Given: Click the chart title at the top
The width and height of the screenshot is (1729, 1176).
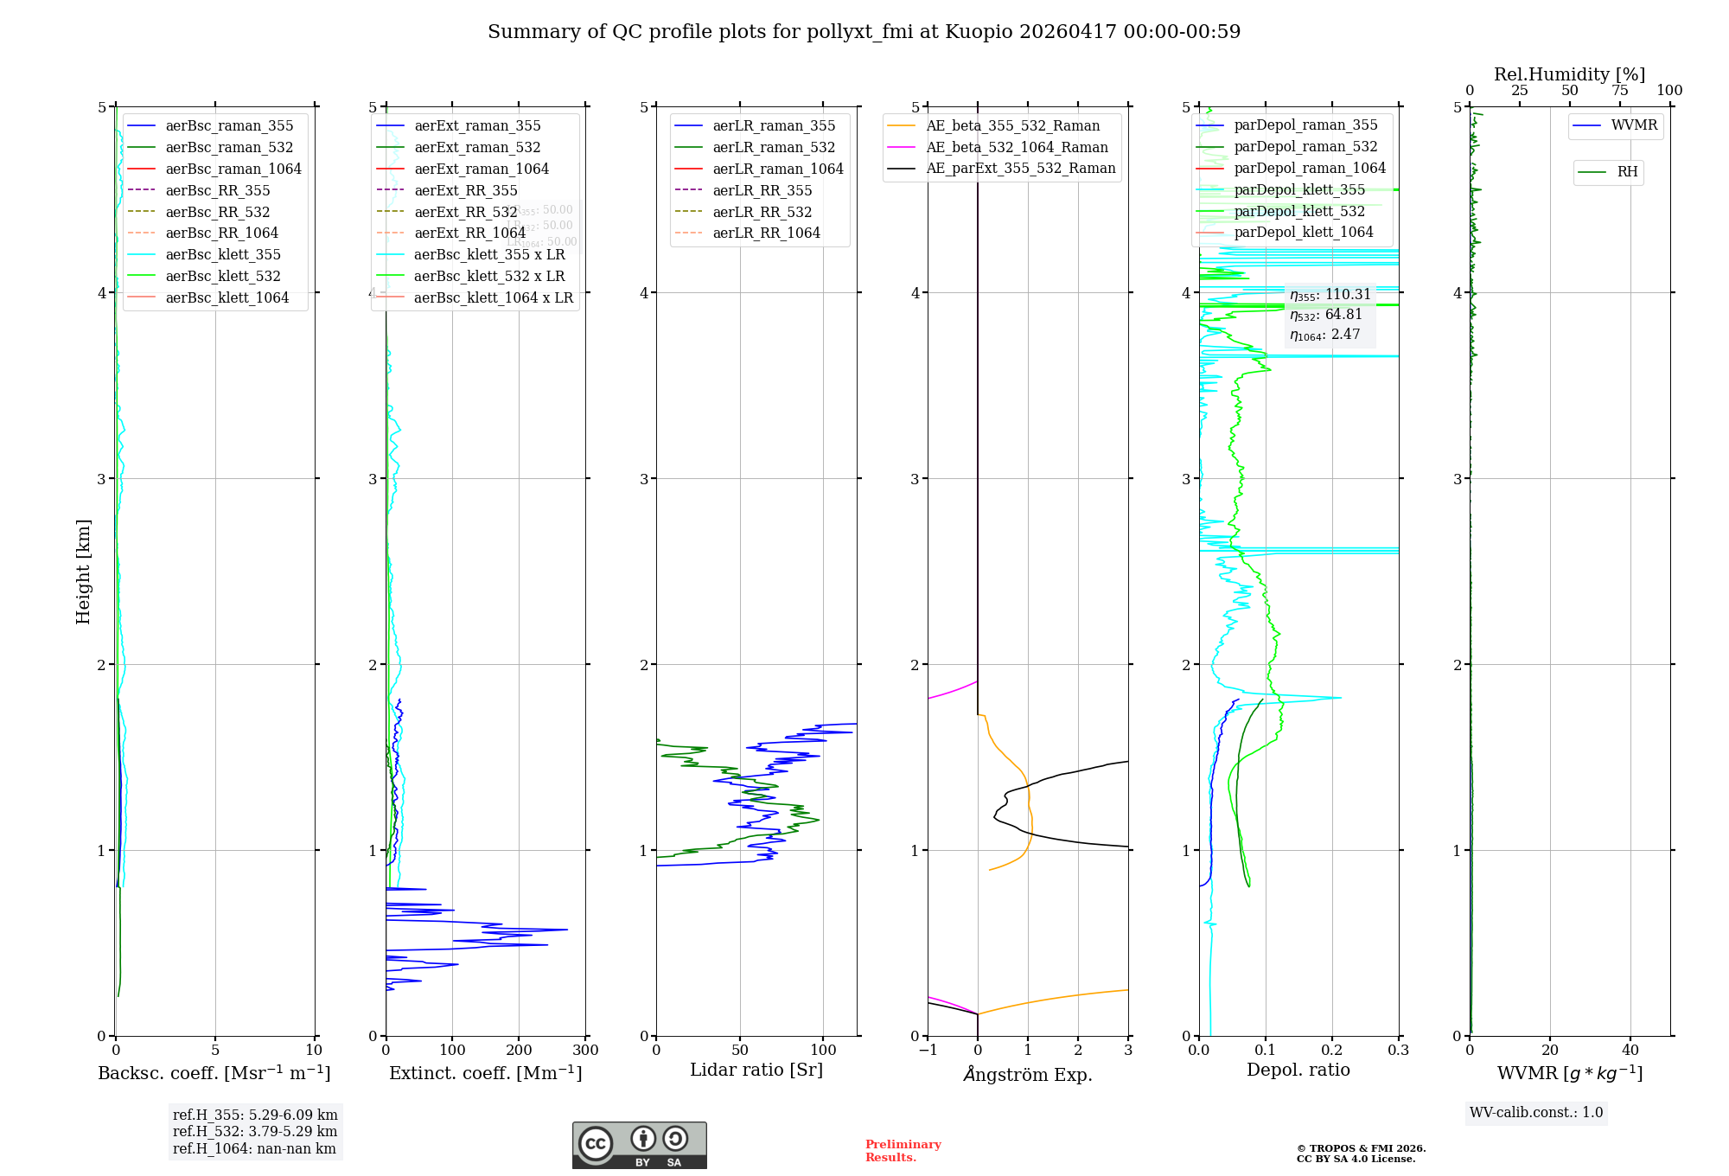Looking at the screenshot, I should pos(864,32).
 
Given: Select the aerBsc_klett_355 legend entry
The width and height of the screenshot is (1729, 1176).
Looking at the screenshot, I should pos(222,254).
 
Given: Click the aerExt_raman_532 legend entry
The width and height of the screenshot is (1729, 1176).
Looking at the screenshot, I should pos(477,147).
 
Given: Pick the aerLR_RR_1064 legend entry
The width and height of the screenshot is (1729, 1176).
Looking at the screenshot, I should pos(766,233).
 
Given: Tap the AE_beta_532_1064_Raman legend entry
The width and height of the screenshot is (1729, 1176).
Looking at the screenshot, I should pos(1017,147).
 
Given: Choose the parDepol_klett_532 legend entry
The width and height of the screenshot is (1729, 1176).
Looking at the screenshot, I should pos(1298,211).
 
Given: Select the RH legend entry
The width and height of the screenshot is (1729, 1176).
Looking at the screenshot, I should pos(1627,172).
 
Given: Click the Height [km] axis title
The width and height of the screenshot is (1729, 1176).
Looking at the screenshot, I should pos(83,571).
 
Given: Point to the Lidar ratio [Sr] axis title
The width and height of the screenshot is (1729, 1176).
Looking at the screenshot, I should pos(756,1070).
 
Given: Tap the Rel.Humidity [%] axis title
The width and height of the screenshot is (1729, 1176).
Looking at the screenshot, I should pos(1569,74).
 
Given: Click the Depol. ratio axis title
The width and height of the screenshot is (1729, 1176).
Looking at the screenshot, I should pos(1298,1070).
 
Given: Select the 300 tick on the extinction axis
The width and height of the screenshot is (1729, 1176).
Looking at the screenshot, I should pos(585,1051).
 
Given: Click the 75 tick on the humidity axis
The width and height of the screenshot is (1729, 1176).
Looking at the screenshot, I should pos(1619,91).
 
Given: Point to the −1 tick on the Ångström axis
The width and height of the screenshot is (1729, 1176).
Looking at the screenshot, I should pos(928,1051).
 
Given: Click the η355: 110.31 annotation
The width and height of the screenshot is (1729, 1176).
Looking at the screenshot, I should pos(1330,295).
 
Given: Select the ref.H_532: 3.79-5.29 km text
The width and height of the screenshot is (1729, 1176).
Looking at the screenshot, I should pos(255,1131).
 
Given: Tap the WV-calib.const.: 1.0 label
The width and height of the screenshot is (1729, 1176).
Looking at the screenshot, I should pos(1535,1113).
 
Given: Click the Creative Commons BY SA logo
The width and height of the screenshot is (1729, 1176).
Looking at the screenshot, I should pos(639,1145).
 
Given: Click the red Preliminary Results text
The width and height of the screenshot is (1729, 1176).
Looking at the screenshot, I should pos(903,1150).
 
